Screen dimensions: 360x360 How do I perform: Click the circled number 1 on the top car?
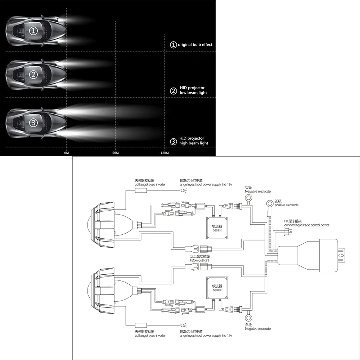33,31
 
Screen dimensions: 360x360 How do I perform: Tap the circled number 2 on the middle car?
33,75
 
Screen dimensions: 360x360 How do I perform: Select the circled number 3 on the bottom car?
33,123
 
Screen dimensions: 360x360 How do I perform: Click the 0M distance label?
66,153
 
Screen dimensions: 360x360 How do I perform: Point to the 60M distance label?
116,153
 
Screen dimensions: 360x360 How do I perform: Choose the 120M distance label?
165,153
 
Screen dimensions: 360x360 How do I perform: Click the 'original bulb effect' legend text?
195,45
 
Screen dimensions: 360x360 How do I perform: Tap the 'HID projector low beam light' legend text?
193,90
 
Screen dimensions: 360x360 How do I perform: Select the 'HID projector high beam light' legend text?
194,141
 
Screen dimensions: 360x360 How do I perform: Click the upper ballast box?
217,228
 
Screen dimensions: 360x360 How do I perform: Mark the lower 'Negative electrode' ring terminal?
248,318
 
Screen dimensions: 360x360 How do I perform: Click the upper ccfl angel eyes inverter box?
141,190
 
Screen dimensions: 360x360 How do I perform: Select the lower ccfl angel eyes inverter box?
141,325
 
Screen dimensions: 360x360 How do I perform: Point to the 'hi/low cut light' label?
199,260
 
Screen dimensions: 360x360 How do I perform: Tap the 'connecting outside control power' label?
306,225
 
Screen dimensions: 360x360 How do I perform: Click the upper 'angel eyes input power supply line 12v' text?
206,185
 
